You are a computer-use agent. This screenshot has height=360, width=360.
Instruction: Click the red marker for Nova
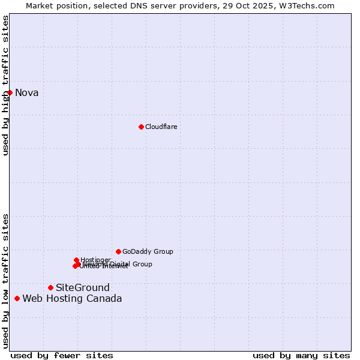coord(10,92)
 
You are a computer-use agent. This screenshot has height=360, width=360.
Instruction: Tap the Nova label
coord(27,92)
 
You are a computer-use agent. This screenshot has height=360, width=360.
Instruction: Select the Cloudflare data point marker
coord(141,127)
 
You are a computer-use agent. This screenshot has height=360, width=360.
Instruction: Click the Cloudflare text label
coord(161,127)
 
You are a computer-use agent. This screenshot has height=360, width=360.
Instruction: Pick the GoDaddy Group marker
coord(118,251)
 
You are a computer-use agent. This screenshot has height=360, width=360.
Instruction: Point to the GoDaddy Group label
coord(148,251)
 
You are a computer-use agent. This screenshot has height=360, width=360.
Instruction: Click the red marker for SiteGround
coord(50,288)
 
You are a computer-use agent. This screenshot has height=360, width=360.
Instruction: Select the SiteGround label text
coord(83,288)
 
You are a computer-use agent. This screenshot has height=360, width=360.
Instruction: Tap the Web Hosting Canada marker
coord(17,298)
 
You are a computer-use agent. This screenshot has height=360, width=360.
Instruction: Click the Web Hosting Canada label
coord(72,298)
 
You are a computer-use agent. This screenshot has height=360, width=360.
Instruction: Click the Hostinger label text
coord(95,260)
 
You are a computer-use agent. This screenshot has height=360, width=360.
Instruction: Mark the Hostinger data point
coord(76,260)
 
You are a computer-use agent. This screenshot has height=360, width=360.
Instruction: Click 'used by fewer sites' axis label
coord(62,355)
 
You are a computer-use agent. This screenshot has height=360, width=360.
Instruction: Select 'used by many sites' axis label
coord(301,355)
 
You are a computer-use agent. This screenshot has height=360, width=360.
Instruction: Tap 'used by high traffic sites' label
coord(5,85)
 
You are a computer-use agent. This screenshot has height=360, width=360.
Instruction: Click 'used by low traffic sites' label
coord(5,280)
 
